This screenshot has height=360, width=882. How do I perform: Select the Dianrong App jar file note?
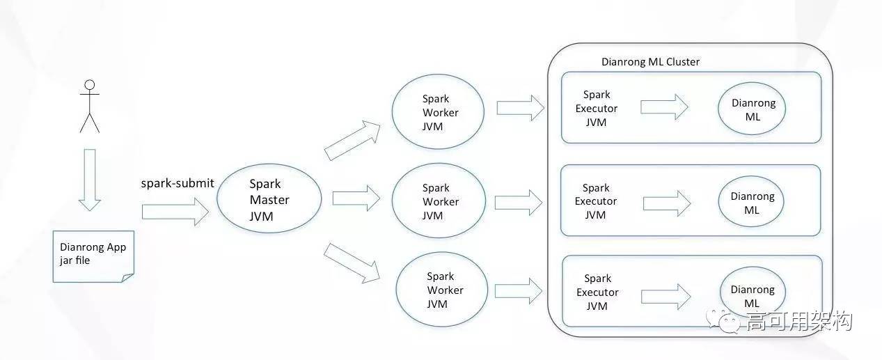pos(93,255)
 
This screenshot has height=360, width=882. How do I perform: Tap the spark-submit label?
pos(178,183)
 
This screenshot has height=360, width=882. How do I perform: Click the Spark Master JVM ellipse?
pos(269,199)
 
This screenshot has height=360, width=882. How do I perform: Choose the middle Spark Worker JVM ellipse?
pos(440,201)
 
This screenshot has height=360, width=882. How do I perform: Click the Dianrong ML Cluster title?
pos(650,62)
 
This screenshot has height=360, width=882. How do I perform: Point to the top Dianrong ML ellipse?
pos(753,109)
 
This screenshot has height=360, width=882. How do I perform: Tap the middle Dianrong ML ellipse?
pos(752,203)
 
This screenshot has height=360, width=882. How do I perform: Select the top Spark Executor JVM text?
pos(597,108)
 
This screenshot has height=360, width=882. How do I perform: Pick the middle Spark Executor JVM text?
pos(596,201)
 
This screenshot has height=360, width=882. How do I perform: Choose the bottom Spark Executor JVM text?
pos(597,292)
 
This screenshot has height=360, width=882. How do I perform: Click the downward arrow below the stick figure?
pos(90,179)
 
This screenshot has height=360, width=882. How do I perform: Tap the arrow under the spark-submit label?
pos(175,212)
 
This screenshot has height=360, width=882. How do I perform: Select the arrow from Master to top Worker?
pos(353,139)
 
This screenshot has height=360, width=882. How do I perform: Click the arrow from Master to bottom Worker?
pos(353,262)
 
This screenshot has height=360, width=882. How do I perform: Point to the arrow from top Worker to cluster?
pos(520,107)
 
